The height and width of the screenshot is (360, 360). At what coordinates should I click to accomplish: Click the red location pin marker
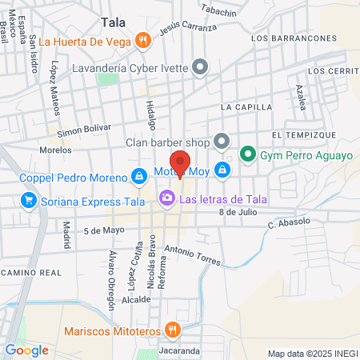[x=181, y=162]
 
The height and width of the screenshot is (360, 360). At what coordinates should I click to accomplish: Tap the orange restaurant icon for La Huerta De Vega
[x=142, y=40]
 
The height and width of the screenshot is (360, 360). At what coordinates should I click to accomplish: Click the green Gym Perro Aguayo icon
[x=248, y=154]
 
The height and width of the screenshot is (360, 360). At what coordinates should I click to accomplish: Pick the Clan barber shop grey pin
[x=222, y=142]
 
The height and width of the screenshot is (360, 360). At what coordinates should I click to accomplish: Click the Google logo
[x=26, y=350]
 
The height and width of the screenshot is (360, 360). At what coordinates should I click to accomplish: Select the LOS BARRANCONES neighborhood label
[x=292, y=38]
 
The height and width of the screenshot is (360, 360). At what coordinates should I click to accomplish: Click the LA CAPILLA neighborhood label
[x=247, y=106]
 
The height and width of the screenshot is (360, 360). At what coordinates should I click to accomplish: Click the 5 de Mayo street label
[x=105, y=230]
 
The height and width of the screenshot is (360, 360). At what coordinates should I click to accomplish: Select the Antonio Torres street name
[x=192, y=256]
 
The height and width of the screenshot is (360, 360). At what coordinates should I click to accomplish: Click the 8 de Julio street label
[x=237, y=212]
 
